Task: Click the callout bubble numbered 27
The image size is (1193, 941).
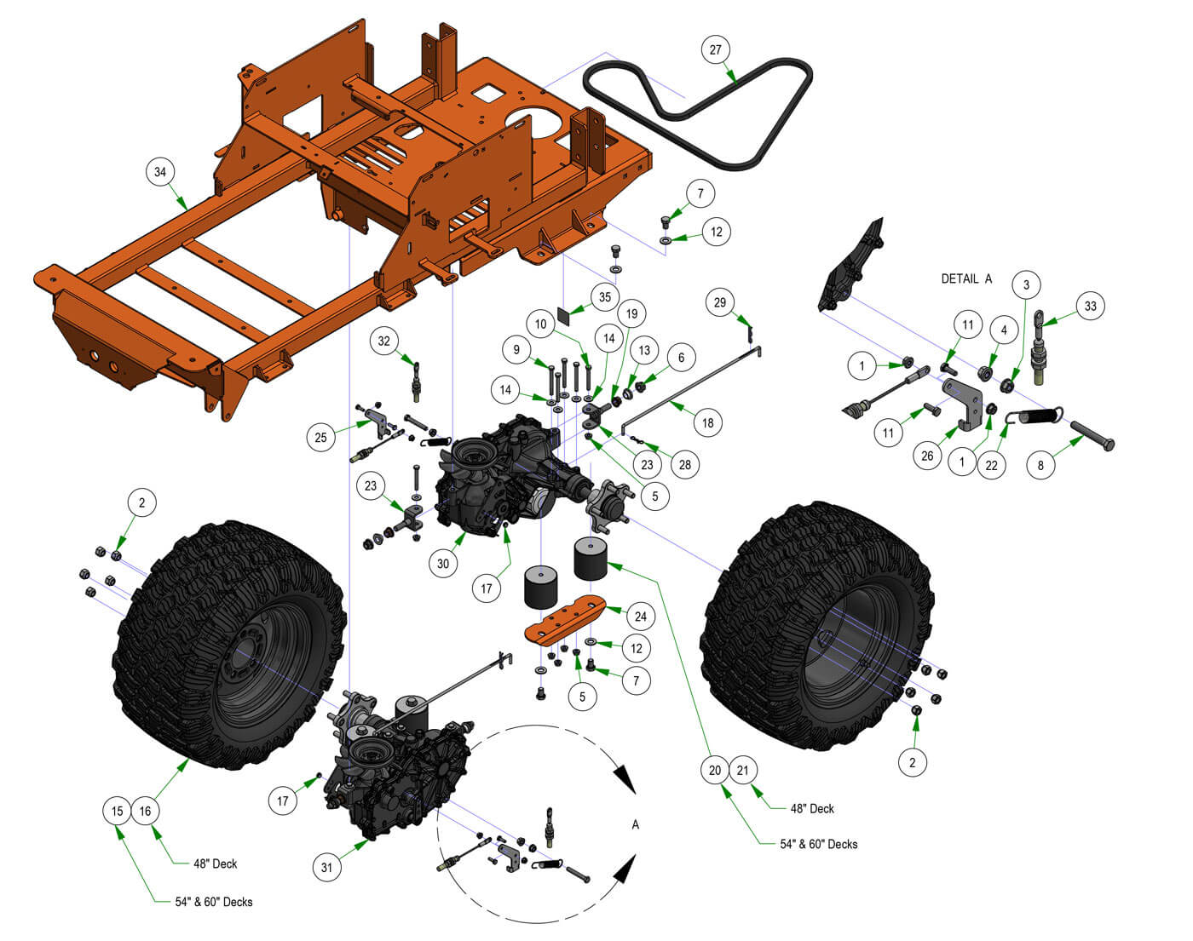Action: pos(716,49)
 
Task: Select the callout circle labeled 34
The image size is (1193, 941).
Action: pos(160,172)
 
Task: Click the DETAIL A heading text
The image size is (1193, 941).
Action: pos(966,278)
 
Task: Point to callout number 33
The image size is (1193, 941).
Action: pos(1091,307)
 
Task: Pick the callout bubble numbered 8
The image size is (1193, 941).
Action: pos(1040,466)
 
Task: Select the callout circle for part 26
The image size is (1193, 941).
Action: pos(927,456)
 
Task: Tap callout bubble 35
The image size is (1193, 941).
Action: pos(605,297)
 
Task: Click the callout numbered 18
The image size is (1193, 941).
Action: pos(707,422)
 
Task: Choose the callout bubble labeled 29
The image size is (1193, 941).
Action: pos(720,302)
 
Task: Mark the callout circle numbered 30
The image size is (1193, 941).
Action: pos(443,563)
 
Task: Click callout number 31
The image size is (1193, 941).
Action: pos(326,868)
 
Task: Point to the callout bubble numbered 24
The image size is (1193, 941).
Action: pos(640,616)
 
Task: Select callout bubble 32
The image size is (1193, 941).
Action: pos(384,341)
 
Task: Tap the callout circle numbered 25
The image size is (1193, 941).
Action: pos(321,438)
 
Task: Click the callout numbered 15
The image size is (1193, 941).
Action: pos(118,811)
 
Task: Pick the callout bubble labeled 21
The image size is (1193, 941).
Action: pos(742,771)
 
